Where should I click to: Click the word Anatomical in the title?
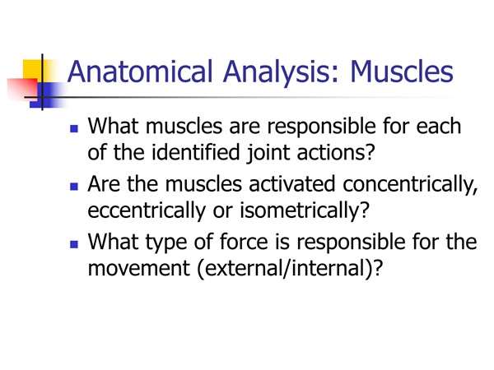140,72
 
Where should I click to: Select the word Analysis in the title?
277,74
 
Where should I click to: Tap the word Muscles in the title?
402,72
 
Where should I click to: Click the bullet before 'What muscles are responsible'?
74,128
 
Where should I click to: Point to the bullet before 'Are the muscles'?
74,187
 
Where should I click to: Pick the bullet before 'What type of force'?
74,244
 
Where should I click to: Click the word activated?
291,184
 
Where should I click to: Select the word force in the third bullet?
244,242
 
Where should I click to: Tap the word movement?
139,268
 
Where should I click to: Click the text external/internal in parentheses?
286,268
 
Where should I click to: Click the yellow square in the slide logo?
32,71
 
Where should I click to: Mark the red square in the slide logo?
22,90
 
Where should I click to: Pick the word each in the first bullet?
439,126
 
